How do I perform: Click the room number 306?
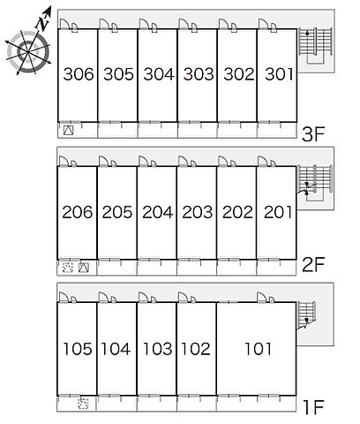pyautogui.click(x=79, y=74)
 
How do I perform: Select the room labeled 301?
pyautogui.click(x=279, y=74)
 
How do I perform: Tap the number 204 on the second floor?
pyautogui.click(x=158, y=212)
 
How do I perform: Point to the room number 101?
pyautogui.click(x=258, y=349)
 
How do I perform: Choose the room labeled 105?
pyautogui.click(x=78, y=349)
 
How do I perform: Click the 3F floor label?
pyautogui.click(x=313, y=134)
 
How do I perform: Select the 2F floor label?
pyautogui.click(x=313, y=264)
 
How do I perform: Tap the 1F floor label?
pyautogui.click(x=313, y=406)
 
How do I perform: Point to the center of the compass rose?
pyautogui.click(x=28, y=52)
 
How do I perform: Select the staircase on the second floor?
pyautogui.click(x=315, y=183)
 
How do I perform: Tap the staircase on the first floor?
pyautogui.click(x=306, y=314)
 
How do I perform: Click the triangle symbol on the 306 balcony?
pyautogui.click(x=68, y=131)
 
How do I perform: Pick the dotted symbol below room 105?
pyautogui.click(x=83, y=403)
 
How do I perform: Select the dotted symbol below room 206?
pyautogui.click(x=68, y=268)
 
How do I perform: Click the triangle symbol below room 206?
pyautogui.click(x=84, y=268)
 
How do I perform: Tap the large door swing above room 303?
pyautogui.click(x=183, y=24)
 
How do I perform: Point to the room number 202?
pyautogui.click(x=237, y=212)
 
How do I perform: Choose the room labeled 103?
pyautogui.click(x=157, y=349)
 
